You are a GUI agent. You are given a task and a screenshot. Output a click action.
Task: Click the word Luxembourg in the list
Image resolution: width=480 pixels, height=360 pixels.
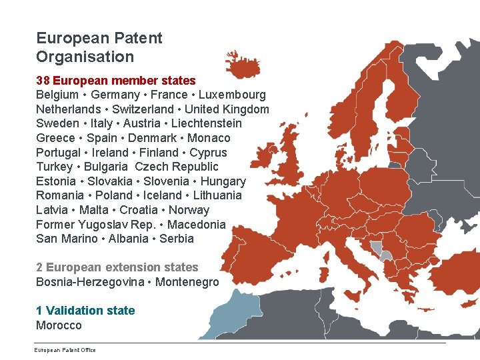coord(232,95)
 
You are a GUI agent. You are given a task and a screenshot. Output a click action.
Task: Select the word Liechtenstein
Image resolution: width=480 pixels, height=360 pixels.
coord(207,123)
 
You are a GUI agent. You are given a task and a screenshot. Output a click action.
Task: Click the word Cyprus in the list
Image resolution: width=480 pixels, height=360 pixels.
coord(208,153)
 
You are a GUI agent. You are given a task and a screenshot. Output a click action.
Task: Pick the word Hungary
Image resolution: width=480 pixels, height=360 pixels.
coord(223,181)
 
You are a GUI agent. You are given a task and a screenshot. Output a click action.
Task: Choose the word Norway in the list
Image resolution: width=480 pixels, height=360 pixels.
coord(189,210)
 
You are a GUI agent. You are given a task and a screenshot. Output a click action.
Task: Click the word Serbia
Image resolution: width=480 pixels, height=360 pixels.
coord(177,239)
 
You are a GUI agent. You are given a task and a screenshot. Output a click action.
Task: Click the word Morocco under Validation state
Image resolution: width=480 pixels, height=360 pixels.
coord(59,325)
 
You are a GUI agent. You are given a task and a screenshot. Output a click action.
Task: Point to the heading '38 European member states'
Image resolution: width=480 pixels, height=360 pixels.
coord(116,81)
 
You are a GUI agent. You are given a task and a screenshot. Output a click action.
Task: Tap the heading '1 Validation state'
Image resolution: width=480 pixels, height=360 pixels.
coord(85,311)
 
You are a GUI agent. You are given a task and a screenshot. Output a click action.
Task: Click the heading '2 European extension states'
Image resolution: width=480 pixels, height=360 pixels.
coord(117,267)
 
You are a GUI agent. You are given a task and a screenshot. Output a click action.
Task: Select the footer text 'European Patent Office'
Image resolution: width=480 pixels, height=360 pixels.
coord(65,350)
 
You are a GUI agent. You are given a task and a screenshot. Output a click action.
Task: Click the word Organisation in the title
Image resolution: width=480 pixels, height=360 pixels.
coord(85,57)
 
